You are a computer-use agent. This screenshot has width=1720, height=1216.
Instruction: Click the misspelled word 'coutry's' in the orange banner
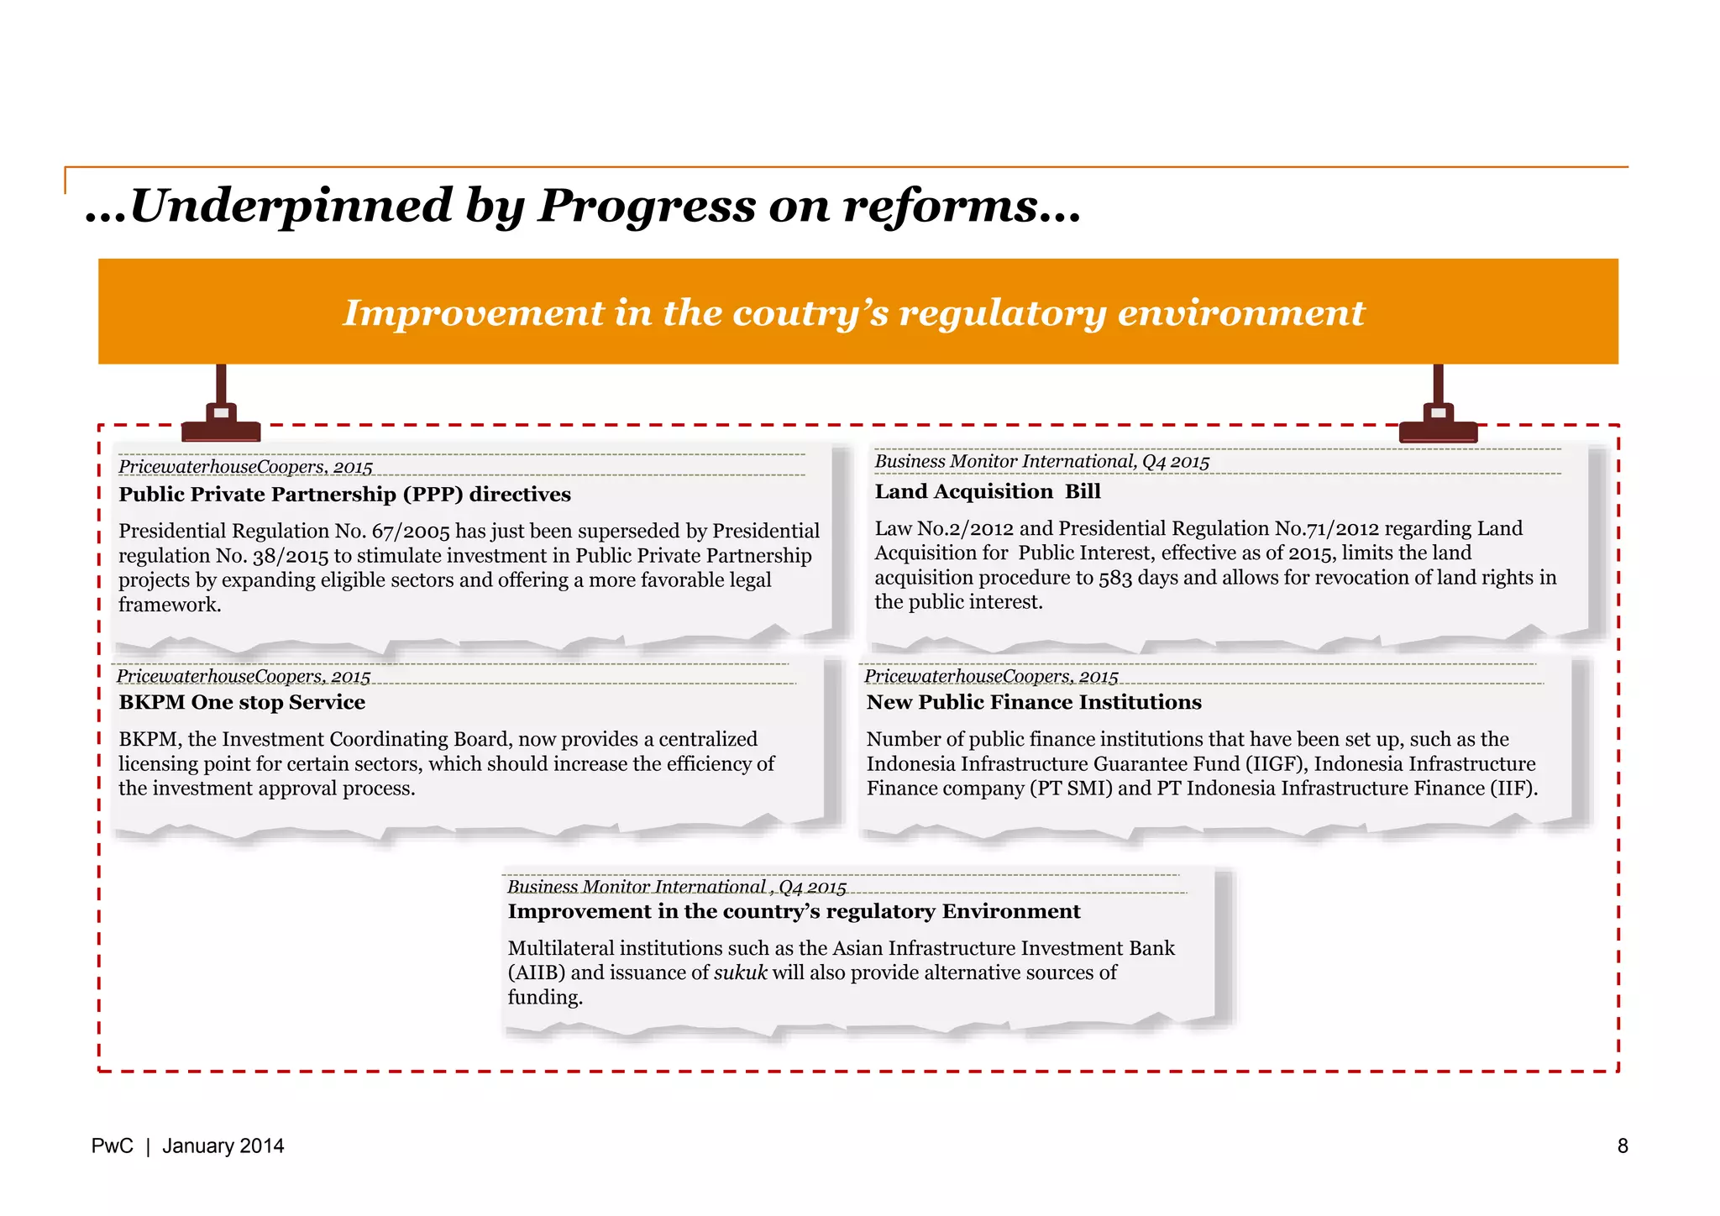(810, 313)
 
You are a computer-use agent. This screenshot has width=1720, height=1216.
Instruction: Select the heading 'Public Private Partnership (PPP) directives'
(344, 495)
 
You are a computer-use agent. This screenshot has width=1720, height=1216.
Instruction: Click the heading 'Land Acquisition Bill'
(987, 492)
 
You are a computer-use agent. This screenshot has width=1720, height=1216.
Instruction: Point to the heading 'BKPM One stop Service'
(242, 703)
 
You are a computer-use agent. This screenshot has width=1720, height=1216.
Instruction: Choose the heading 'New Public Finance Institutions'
(1034, 703)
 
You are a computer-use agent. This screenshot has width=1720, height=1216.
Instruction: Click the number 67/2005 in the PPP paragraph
(411, 532)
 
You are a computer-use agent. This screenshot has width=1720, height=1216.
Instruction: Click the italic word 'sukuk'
(740, 973)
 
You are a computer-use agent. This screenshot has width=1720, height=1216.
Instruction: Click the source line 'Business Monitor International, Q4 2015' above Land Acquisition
(1041, 462)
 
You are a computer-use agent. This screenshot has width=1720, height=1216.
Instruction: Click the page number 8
(1623, 1146)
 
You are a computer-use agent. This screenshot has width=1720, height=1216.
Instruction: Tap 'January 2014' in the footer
(223, 1146)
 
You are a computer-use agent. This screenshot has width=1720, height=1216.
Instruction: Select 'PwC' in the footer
(112, 1146)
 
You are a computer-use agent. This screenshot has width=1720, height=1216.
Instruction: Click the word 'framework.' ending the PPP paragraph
(170, 605)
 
